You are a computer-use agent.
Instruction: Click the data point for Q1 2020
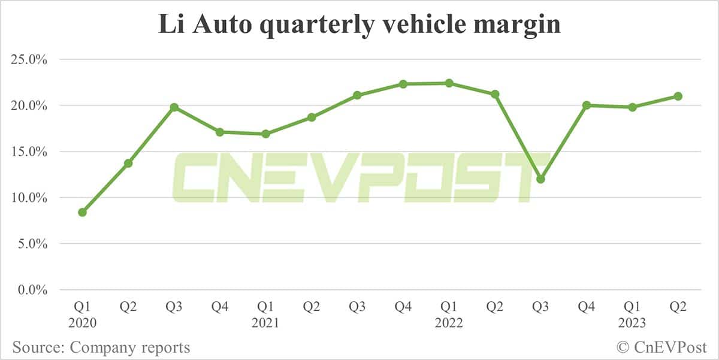(82, 212)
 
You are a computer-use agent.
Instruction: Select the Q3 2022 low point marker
(540, 179)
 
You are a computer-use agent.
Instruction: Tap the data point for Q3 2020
(174, 107)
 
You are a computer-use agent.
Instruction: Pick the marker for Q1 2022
(449, 83)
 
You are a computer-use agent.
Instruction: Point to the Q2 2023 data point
(678, 96)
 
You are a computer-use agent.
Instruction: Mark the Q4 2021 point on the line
(403, 84)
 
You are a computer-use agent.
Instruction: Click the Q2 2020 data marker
(128, 163)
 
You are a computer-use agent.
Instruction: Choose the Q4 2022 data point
(587, 105)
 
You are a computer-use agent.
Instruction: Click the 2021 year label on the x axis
(265, 323)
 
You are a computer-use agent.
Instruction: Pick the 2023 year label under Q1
(632, 323)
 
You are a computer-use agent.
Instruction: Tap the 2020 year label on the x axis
(82, 323)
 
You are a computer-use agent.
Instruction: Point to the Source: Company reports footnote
(101, 347)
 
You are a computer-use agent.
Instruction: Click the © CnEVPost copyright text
(662, 347)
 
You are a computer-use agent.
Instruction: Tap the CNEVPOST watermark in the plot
(359, 178)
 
